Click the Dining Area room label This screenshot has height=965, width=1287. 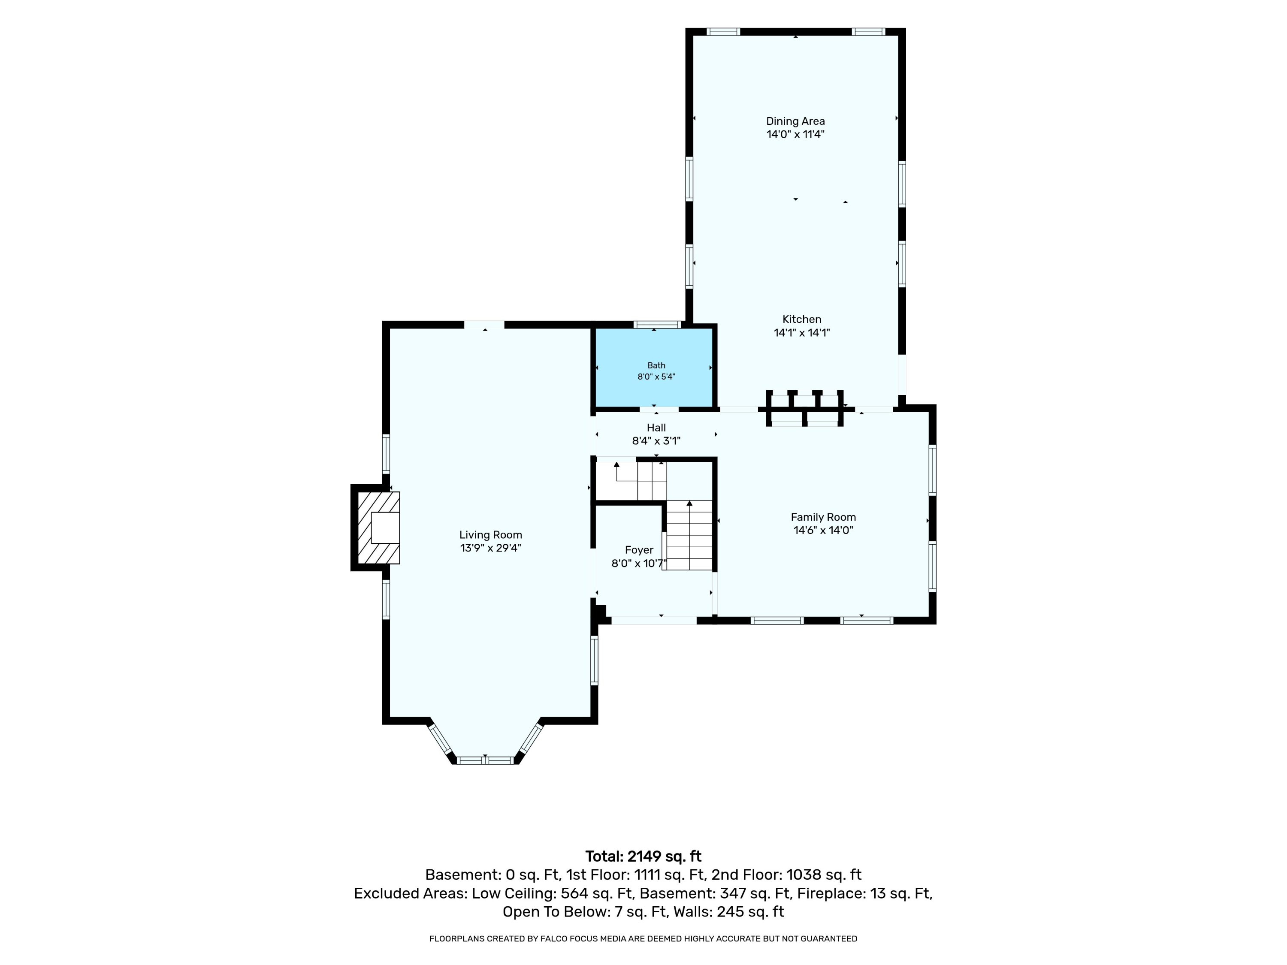[x=795, y=121]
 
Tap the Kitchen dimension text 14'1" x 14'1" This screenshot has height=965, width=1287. [x=802, y=333]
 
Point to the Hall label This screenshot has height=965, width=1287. [x=656, y=428]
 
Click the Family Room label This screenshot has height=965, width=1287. [x=823, y=517]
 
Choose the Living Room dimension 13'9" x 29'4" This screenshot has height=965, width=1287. [x=490, y=548]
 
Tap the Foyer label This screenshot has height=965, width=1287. [x=639, y=550]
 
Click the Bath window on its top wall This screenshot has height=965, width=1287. [x=657, y=325]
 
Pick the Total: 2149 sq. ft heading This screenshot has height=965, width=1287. [x=643, y=856]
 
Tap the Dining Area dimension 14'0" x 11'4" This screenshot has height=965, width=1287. [x=795, y=134]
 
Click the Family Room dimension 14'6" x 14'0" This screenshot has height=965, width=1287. [x=823, y=531]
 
